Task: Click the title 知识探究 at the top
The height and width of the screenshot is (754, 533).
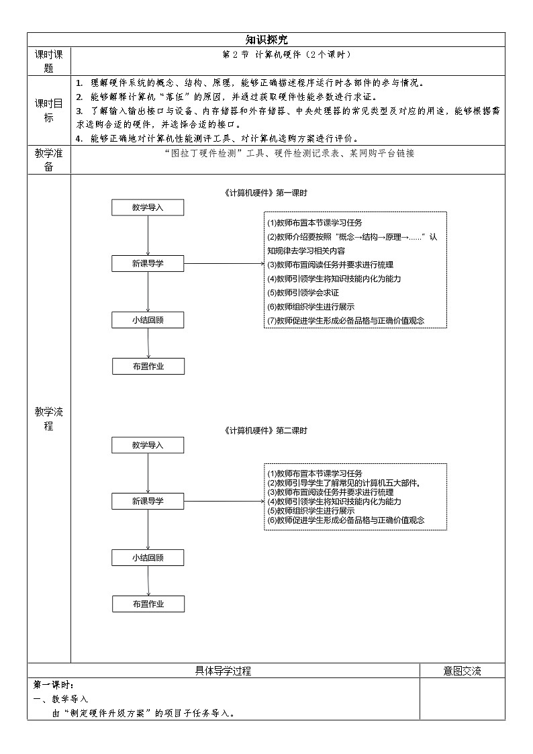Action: [266, 40]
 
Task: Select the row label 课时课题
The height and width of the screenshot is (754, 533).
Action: [48, 61]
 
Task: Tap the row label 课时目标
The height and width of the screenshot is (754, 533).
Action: [48, 110]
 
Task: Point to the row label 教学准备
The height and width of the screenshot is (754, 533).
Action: [48, 160]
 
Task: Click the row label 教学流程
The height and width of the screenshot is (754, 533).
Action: [48, 418]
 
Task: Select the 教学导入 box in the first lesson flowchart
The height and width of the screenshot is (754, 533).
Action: [148, 207]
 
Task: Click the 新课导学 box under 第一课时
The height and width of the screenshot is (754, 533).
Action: [148, 264]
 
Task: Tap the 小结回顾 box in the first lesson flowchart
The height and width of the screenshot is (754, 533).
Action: [148, 320]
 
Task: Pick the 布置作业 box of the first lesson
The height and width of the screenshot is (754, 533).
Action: [148, 366]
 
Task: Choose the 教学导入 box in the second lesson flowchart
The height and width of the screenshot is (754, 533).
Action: [148, 444]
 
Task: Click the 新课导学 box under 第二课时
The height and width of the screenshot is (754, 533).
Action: [148, 501]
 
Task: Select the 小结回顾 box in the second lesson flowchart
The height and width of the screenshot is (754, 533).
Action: [148, 557]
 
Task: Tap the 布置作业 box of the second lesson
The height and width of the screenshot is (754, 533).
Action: [148, 604]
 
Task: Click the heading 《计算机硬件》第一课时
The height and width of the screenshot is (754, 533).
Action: [266, 193]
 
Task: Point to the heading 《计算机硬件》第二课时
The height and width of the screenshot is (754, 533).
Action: [266, 430]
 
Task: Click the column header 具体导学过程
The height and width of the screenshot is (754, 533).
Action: [223, 670]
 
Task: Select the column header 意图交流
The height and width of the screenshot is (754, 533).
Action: [462, 670]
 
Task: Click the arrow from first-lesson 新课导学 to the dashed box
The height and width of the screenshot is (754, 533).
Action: [224, 264]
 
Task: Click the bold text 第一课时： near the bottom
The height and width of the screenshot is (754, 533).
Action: [53, 685]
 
